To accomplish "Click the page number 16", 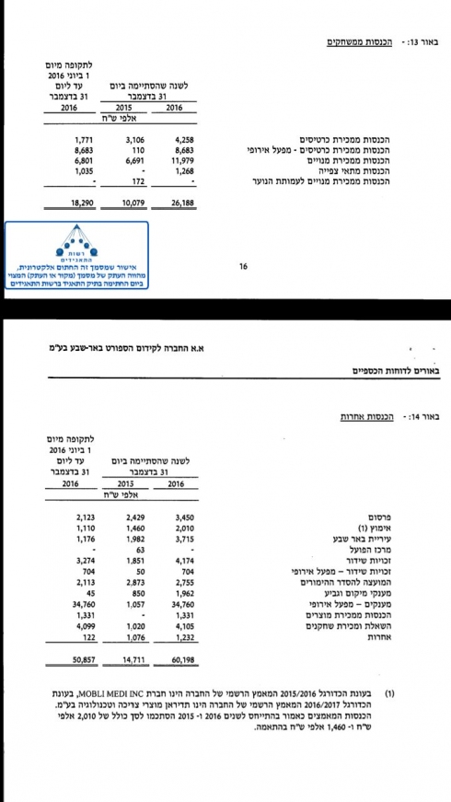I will [243, 267].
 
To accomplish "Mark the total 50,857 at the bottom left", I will [71, 659].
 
